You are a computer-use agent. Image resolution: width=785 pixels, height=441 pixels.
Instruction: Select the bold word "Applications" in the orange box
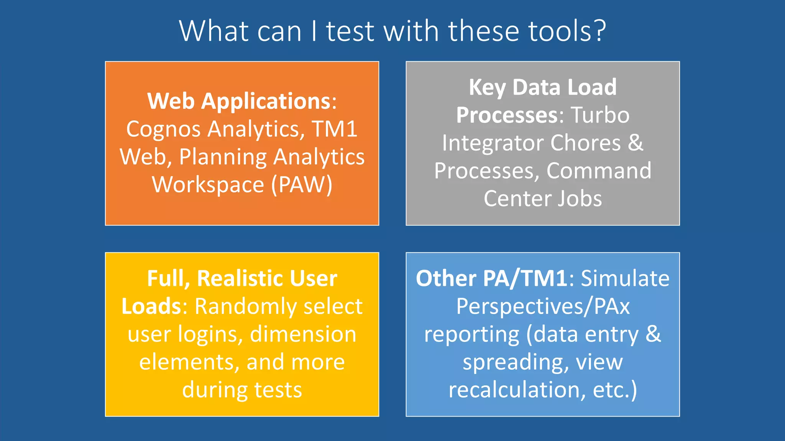pyautogui.click(x=266, y=101)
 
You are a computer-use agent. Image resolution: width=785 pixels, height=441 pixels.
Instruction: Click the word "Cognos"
pyautogui.click(x=163, y=129)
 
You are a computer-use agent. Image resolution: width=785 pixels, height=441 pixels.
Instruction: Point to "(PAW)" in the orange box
pyautogui.click(x=302, y=185)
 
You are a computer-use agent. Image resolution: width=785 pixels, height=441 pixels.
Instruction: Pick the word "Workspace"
pyautogui.click(x=208, y=185)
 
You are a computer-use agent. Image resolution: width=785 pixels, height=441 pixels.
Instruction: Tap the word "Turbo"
pyautogui.click(x=600, y=115)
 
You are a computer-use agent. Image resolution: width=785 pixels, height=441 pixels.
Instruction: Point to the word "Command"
pyautogui.click(x=599, y=170)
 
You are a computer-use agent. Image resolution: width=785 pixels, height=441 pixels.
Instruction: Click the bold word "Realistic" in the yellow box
pyautogui.click(x=267, y=278)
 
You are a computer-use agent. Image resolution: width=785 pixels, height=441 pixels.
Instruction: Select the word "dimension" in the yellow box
pyautogui.click(x=303, y=334)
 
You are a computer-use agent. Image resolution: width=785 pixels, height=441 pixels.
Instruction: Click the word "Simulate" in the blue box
pyautogui.click(x=625, y=278)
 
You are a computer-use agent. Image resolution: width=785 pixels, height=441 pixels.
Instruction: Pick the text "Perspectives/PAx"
pyautogui.click(x=543, y=306)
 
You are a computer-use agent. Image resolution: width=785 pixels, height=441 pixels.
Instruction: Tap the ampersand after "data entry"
pyautogui.click(x=653, y=334)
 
